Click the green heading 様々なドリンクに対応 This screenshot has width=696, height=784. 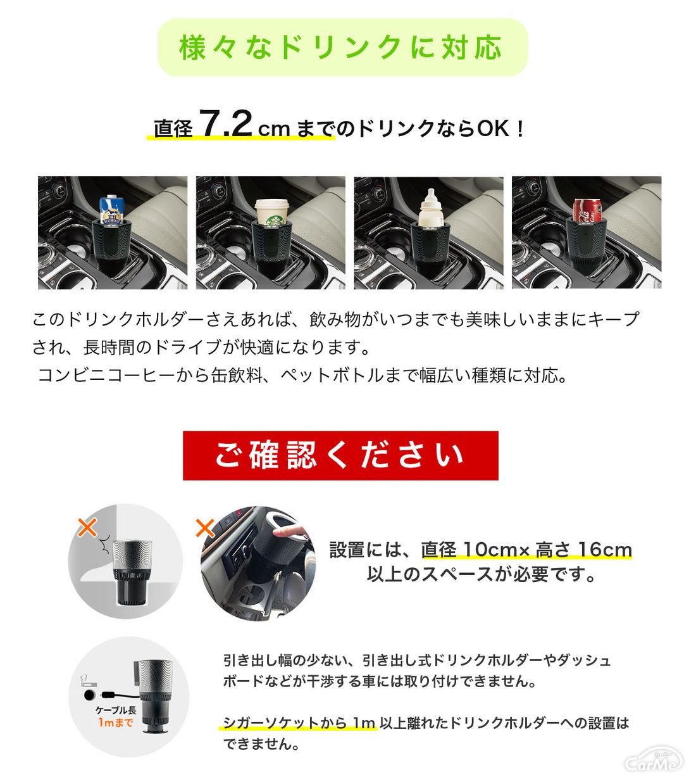(340, 47)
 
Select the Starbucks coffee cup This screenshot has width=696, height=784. (271, 212)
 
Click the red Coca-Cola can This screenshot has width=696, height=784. (586, 211)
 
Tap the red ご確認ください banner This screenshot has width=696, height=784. (340, 455)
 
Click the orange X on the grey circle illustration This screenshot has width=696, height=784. (87, 528)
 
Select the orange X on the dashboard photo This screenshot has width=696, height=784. (205, 528)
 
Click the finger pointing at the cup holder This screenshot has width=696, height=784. (290, 533)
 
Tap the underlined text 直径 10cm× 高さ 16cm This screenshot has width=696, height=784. (526, 550)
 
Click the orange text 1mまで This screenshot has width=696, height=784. (116, 723)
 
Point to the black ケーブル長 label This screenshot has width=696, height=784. (116, 710)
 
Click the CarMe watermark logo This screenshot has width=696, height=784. (654, 759)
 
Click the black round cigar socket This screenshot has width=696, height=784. (90, 695)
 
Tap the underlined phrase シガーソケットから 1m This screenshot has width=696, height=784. (299, 723)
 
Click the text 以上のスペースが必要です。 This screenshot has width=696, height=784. (481, 575)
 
